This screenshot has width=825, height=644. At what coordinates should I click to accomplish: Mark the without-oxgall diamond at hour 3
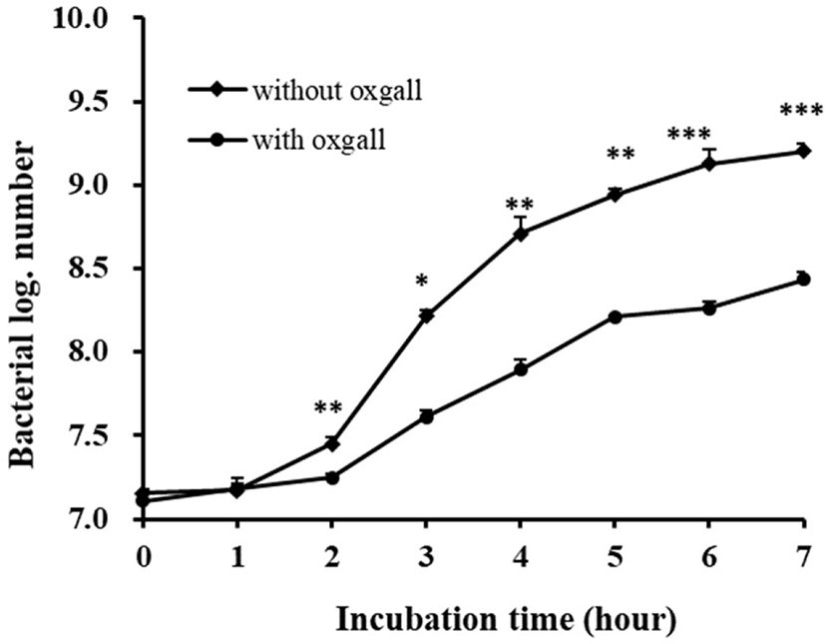[x=426, y=316]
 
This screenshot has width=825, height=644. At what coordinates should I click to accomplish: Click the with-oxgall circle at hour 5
[x=616, y=317]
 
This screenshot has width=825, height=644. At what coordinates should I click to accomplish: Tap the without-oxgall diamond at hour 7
[x=803, y=151]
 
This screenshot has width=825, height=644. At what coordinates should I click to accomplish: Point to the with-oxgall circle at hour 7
[x=803, y=280]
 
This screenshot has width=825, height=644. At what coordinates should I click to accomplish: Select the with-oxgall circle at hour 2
[x=332, y=477]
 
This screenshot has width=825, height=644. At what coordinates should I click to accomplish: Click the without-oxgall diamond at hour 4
[x=520, y=233]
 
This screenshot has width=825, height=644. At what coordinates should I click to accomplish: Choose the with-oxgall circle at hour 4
[x=520, y=368]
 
